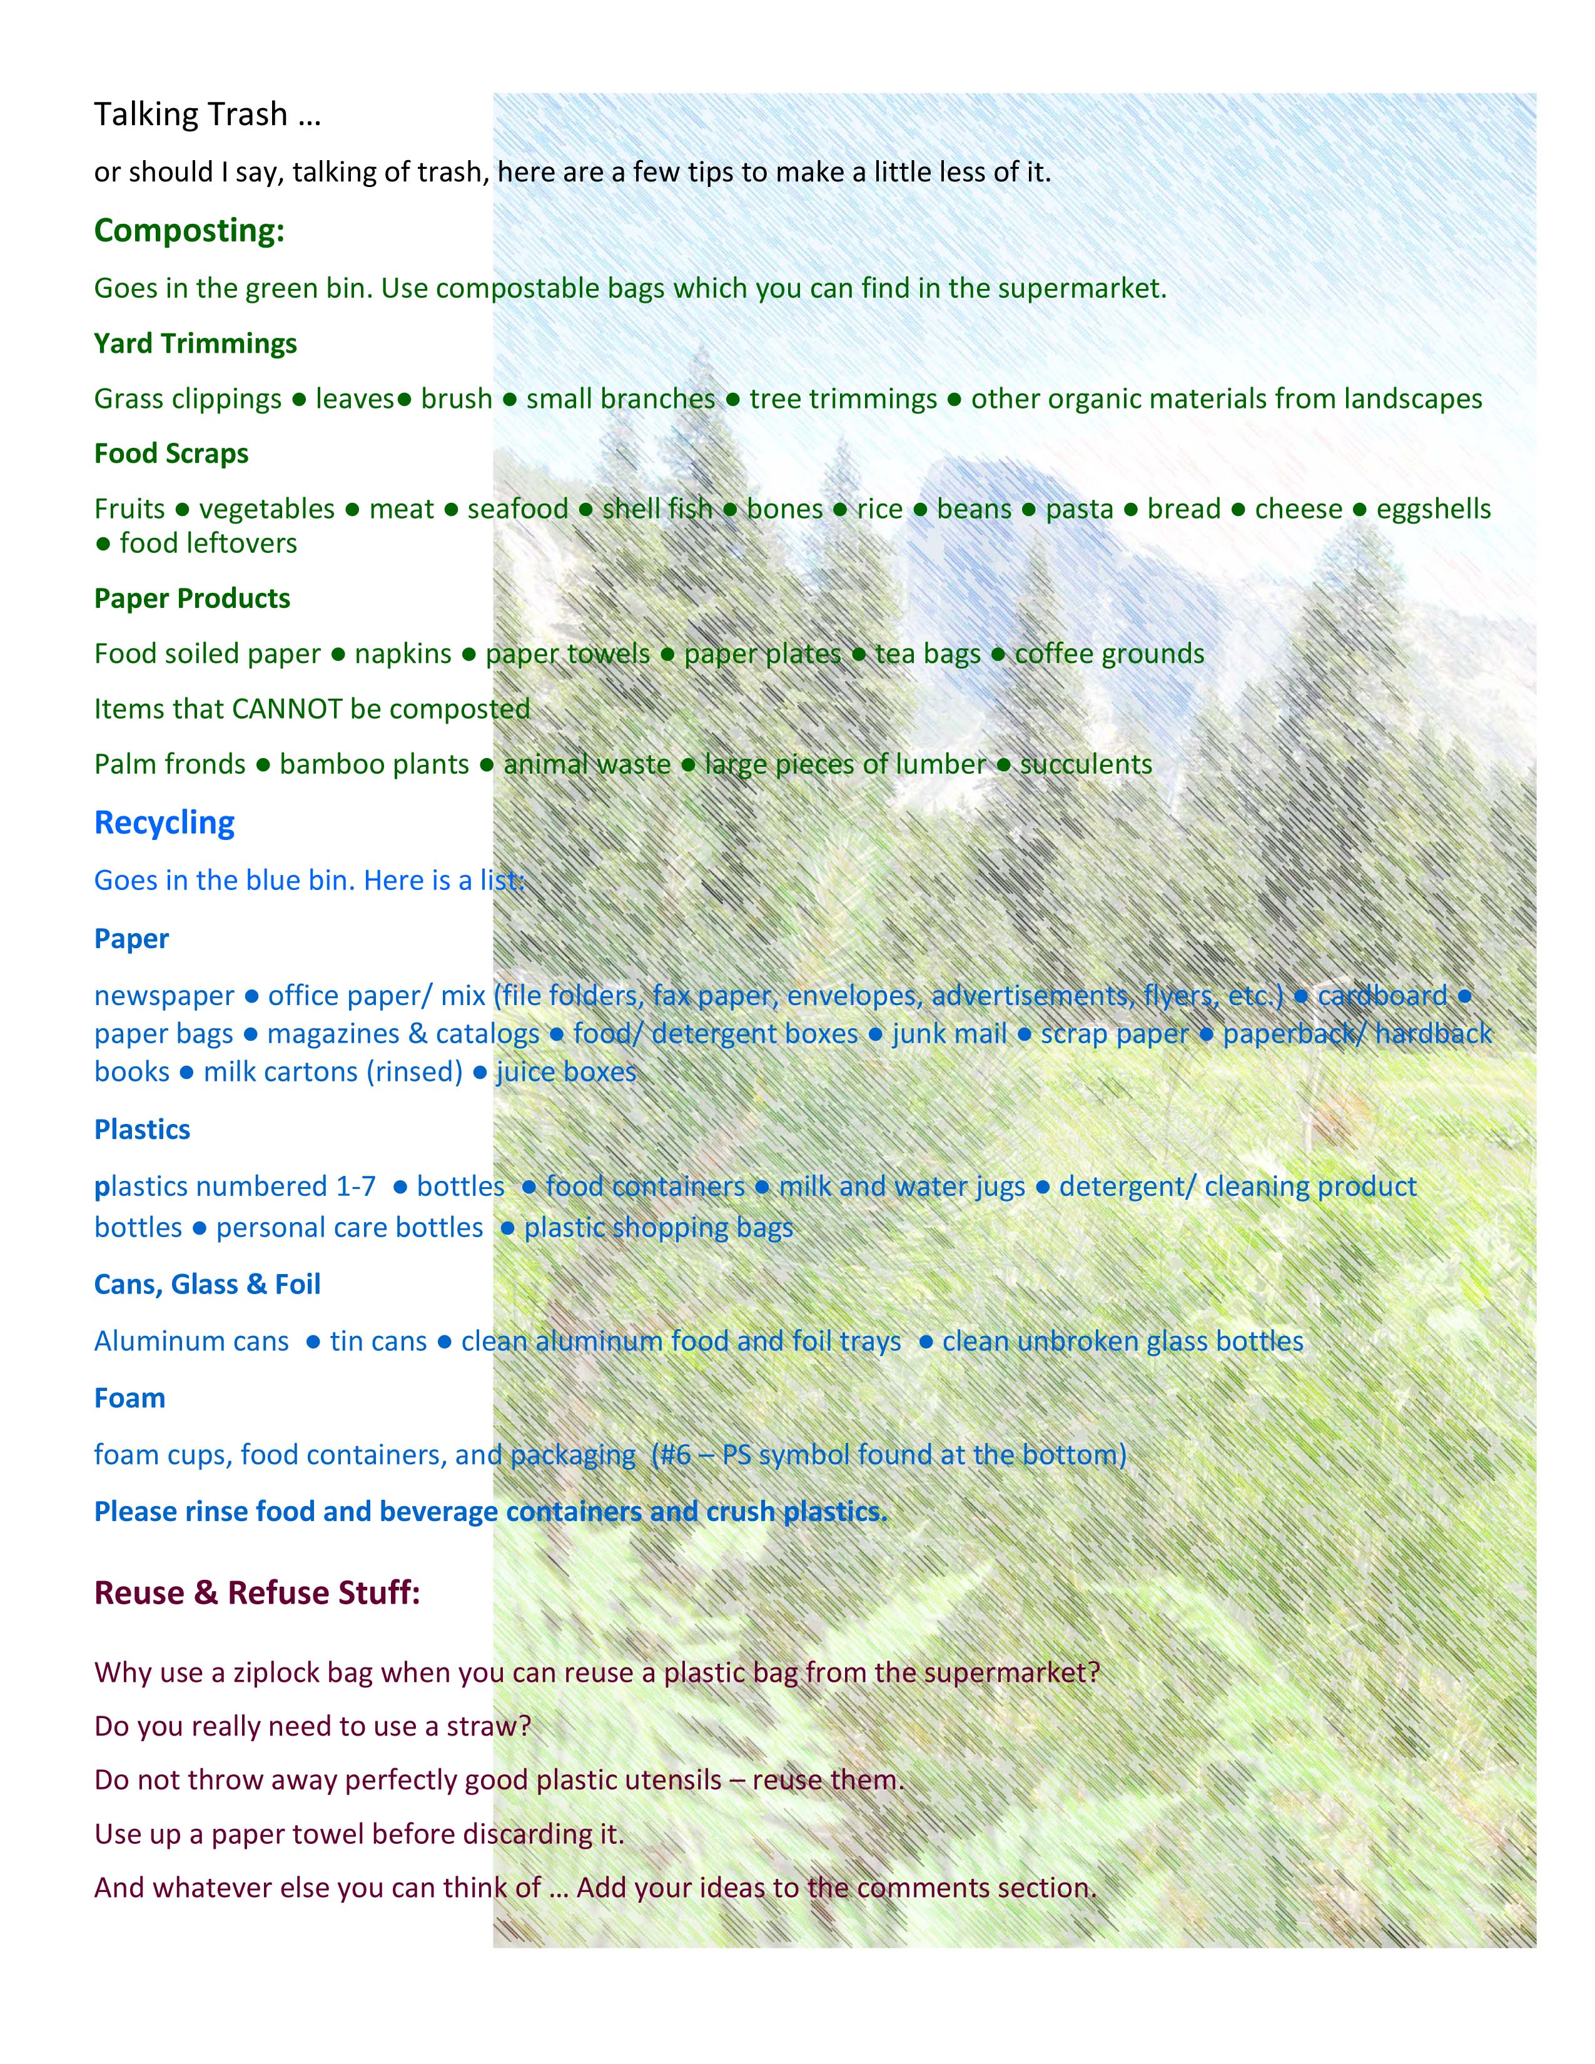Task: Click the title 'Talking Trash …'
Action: (207, 114)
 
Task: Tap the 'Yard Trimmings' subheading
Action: (195, 343)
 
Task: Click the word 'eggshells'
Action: (1432, 508)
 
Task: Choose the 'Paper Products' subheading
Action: (192, 598)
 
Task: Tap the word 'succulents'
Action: (1086, 764)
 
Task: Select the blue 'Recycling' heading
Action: (165, 822)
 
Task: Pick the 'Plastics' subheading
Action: (142, 1130)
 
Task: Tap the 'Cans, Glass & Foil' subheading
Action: (207, 1284)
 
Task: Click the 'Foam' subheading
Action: (129, 1398)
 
